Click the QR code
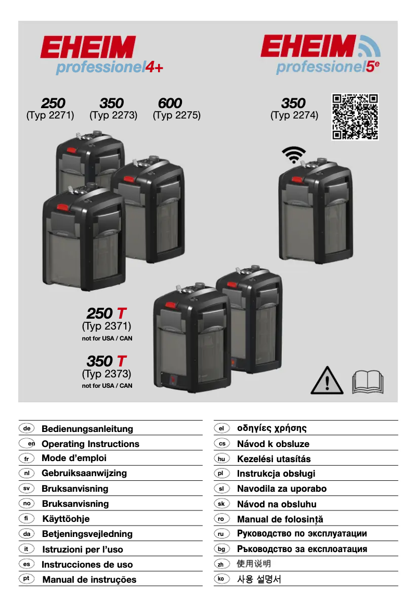pos(355,116)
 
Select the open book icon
pos(368,382)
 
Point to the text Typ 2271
pos(50,115)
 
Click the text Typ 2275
pos(177,115)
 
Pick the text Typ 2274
pos(294,115)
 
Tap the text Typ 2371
pos(107,326)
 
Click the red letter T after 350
pos(121,361)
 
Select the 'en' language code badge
pos(27,443)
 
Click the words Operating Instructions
pos(90,444)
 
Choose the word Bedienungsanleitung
pos(87,429)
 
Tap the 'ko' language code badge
pos(221,579)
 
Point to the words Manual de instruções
pos(89,580)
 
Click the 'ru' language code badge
pos(221,534)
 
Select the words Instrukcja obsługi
pos(276,474)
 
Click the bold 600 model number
pos(170,103)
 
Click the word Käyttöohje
pos(66,519)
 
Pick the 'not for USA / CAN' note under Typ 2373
pos(107,386)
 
